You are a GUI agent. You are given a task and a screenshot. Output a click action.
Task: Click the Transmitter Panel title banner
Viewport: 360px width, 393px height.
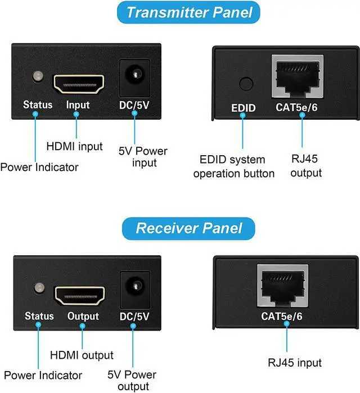(x=189, y=12)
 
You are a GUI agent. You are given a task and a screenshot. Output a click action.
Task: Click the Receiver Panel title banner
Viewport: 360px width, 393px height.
(x=189, y=228)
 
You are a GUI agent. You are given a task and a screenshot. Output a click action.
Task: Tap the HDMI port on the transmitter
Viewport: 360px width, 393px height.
(x=79, y=83)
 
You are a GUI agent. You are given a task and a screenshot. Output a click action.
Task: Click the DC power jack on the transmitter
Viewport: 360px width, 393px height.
(x=134, y=75)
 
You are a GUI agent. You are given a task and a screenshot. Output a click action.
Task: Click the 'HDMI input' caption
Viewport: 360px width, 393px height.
(x=75, y=146)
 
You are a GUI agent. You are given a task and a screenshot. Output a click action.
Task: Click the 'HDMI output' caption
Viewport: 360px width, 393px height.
(x=82, y=355)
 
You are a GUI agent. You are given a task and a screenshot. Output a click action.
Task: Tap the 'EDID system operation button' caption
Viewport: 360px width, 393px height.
(x=233, y=167)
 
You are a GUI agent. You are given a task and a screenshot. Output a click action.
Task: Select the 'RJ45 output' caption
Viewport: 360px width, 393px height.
(x=306, y=166)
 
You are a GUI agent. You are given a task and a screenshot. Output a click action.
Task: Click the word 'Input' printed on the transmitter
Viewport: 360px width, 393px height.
(x=78, y=105)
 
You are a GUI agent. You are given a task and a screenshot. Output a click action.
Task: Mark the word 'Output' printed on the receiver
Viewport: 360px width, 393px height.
(x=83, y=317)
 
